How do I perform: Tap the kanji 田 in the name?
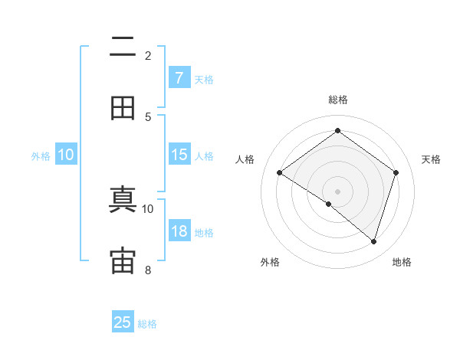click(123, 109)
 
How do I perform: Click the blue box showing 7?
click(179, 77)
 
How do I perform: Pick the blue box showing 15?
click(179, 155)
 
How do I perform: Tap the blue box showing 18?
click(179, 231)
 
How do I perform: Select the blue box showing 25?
click(123, 322)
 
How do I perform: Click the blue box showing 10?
click(66, 155)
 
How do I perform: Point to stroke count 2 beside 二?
click(148, 55)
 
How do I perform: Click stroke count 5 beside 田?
click(148, 116)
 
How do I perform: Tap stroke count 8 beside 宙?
click(148, 270)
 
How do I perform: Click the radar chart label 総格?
click(337, 100)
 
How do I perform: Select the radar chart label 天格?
click(431, 159)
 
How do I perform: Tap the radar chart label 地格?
click(402, 263)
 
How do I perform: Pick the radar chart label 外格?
click(270, 263)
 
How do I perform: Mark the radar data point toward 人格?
click(280, 173)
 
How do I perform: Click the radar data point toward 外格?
click(329, 205)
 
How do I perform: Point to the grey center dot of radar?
click(337, 191)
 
